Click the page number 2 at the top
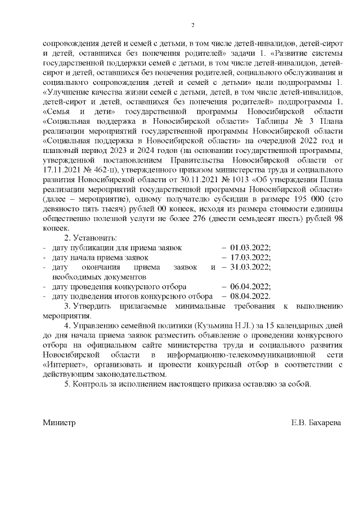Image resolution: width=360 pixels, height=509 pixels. point(192,25)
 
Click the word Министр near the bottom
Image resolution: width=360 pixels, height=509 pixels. point(59,422)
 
